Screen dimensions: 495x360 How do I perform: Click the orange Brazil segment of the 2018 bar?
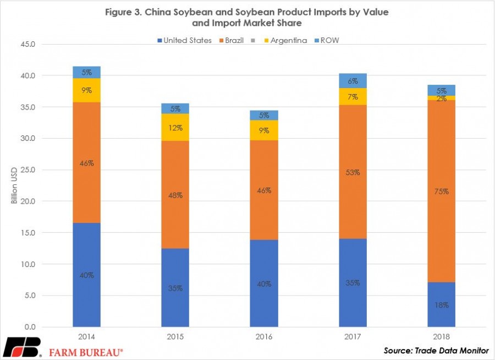coord(441,191)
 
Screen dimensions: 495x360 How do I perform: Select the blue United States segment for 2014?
coord(86,275)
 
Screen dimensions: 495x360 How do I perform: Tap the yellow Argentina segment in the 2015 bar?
coord(175,127)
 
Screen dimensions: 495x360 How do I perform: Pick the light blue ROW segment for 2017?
coord(353,81)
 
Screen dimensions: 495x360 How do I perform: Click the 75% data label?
coord(441,191)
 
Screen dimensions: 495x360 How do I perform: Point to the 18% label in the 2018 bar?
coord(441,305)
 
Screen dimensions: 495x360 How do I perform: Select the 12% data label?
coord(175,128)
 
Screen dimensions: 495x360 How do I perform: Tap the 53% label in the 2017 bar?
coord(353,172)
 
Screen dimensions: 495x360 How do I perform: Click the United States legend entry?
coord(185,40)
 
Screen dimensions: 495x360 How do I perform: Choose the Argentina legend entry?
coord(285,40)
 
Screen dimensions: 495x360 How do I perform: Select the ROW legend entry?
coord(327,40)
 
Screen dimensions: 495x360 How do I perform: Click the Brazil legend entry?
coord(232,40)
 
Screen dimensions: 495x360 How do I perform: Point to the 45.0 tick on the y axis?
coord(28,44)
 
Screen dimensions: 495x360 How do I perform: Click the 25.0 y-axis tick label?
coord(28,170)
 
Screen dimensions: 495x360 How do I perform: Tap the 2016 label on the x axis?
coord(264,337)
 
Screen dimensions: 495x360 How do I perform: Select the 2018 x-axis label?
coord(441,337)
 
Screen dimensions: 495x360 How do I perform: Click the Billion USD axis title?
coord(14,185)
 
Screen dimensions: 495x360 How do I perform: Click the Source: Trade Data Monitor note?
coord(436,350)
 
